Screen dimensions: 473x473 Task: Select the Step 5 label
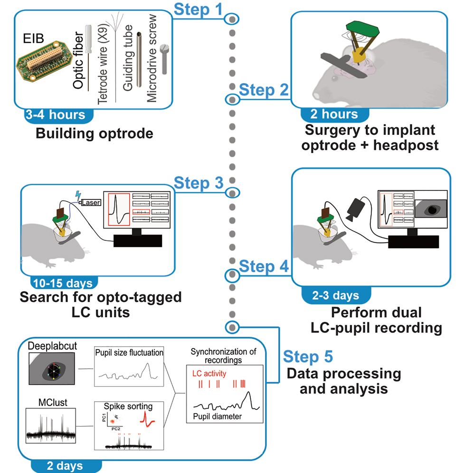(308, 356)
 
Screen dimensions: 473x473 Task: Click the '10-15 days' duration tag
(63, 284)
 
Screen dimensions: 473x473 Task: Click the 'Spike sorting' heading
(129, 407)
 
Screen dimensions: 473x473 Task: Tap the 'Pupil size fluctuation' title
(129, 353)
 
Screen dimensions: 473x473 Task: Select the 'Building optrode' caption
(95, 133)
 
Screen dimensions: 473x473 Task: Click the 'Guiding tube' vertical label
(127, 60)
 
